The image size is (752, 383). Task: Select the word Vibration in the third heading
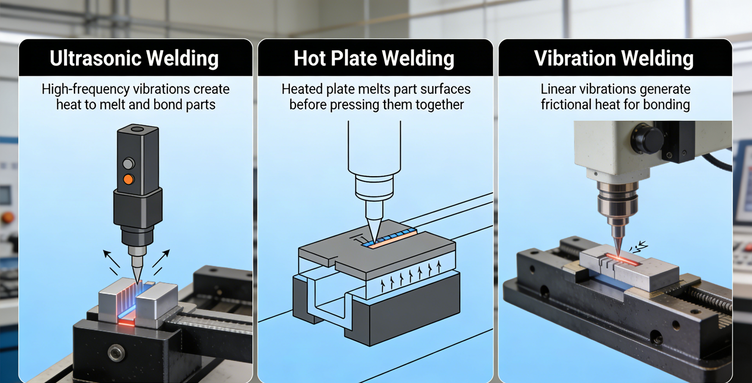point(575,58)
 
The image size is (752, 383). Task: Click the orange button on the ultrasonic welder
point(128,179)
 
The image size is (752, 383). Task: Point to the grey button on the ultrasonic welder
point(128,164)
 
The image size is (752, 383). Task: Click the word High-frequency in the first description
point(85,89)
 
